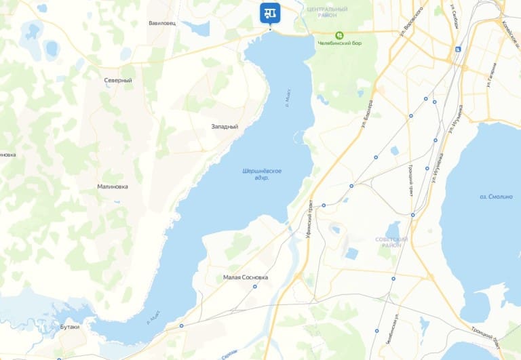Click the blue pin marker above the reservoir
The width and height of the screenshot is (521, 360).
pos(270,12)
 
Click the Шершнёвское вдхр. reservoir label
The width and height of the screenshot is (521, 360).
pos(262,174)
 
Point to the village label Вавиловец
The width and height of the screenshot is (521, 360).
pos(161,23)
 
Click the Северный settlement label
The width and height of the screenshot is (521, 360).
pos(118,80)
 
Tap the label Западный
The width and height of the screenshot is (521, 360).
pos(225,127)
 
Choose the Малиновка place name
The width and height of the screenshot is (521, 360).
pos(113,186)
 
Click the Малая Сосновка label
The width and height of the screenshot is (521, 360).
pos(246,277)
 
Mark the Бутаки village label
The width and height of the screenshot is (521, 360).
pos(70,327)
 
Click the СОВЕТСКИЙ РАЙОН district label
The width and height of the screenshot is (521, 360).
pos(391,243)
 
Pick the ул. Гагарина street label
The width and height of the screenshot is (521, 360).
pos(492,75)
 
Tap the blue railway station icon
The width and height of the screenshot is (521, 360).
pos(459,49)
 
